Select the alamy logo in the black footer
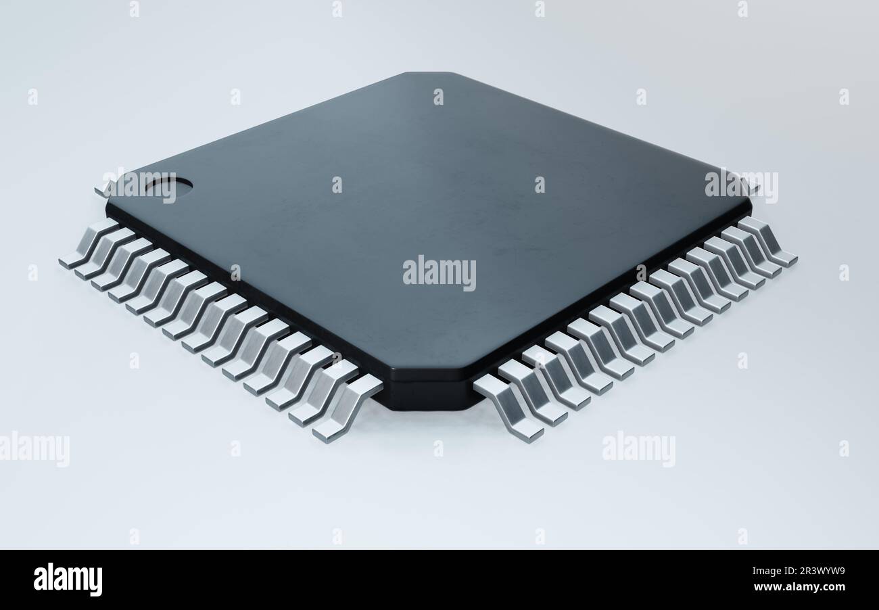point(68,580)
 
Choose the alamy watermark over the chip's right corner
point(741,185)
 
